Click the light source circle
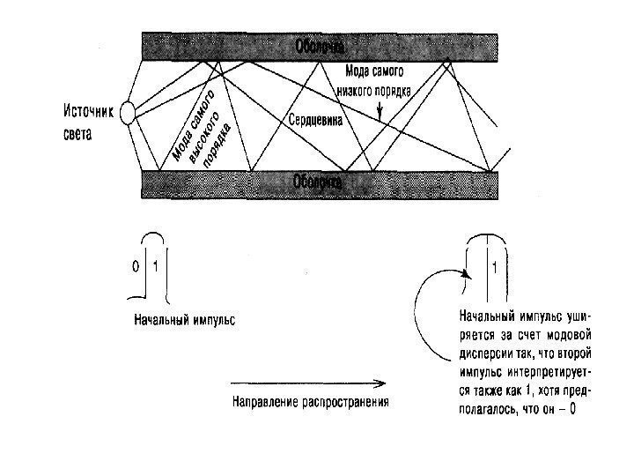[129, 113]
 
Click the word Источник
[88, 112]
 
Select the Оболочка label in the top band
[319, 44]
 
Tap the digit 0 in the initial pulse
[136, 265]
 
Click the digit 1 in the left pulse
[155, 265]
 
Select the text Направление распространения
[310, 401]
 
